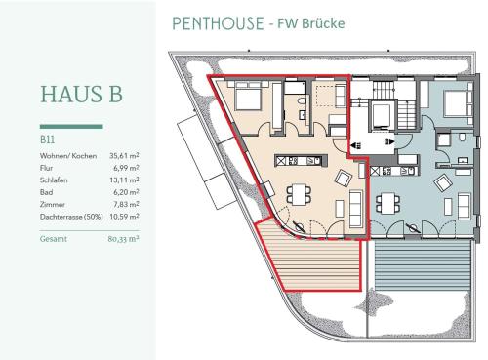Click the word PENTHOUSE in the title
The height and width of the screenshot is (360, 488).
[218, 23]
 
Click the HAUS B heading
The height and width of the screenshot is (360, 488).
[81, 95]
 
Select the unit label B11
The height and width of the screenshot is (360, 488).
[47, 140]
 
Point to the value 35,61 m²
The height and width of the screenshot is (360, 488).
[124, 156]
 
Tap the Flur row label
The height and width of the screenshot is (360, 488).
[46, 168]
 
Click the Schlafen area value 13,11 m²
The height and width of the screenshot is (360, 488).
[124, 180]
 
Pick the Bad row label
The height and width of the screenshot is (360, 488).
[46, 192]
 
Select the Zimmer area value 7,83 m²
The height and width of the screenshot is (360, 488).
[126, 204]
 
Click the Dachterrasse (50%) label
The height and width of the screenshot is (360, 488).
[71, 217]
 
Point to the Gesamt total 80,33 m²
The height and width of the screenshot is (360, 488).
[123, 239]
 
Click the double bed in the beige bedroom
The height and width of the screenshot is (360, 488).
[248, 96]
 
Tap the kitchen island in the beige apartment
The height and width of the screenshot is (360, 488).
[302, 161]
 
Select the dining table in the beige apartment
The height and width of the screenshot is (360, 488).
[299, 194]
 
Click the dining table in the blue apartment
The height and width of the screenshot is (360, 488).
[388, 203]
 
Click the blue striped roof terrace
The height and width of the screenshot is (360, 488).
[423, 265]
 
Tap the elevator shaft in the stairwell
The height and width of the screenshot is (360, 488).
[383, 116]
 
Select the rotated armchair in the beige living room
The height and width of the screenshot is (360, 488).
[344, 178]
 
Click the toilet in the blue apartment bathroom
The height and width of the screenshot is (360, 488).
[463, 137]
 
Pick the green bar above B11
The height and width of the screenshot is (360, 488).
[71, 127]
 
